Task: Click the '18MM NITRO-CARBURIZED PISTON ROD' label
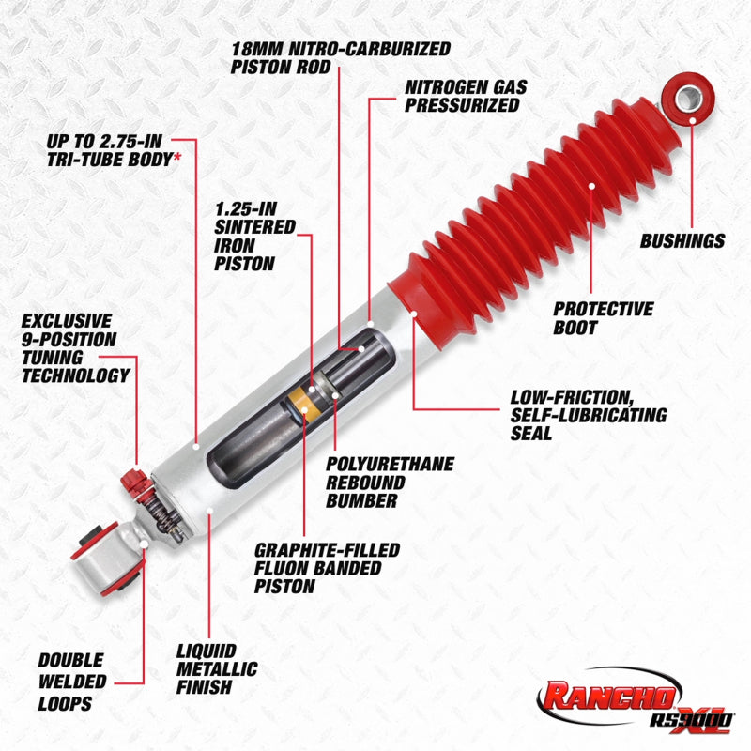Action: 340,56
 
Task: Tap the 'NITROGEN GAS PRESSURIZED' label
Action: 466,96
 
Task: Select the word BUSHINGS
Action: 682,241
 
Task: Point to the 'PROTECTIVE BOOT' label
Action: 603,318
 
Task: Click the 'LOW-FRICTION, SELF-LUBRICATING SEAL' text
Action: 588,415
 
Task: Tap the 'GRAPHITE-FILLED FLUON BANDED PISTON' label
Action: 327,568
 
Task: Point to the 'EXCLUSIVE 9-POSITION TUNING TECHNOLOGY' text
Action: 75,348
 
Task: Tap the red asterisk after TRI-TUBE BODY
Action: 176,159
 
